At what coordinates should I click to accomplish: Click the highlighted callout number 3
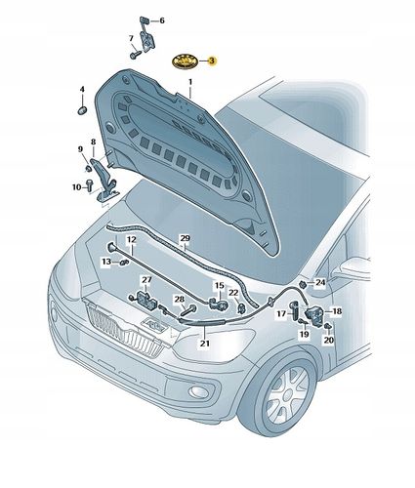[212, 61]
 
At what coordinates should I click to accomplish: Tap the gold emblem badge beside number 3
[186, 61]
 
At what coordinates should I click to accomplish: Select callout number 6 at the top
[162, 20]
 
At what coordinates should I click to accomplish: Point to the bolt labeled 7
[136, 55]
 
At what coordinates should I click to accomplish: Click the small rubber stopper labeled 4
[82, 110]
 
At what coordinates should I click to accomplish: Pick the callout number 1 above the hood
[190, 81]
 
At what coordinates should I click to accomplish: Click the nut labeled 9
[88, 168]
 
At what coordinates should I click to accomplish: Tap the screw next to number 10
[90, 184]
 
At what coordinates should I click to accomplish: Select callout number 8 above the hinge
[94, 142]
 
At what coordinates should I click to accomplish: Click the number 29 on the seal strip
[185, 238]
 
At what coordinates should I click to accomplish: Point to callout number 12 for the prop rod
[132, 240]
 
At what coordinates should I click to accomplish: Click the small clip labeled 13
[124, 262]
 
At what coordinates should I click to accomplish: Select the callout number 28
[180, 300]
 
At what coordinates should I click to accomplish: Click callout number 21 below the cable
[205, 344]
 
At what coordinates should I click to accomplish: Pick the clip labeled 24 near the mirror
[303, 284]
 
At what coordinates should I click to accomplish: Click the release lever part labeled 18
[314, 314]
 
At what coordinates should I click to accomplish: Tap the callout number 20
[328, 340]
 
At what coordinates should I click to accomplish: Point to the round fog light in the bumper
[197, 391]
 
